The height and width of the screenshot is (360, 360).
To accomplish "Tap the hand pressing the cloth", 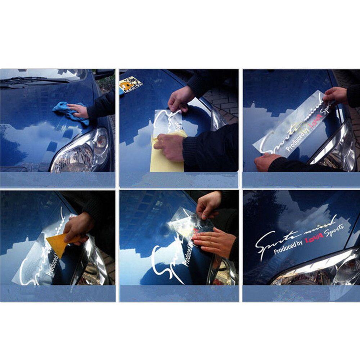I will tap(79, 110).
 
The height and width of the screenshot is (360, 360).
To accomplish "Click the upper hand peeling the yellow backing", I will tap(182, 99).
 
